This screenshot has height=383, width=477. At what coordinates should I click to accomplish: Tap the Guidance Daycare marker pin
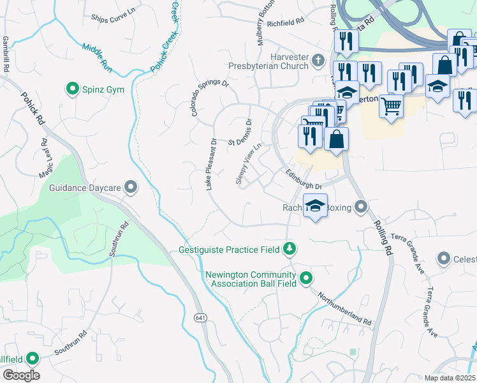tap(131, 187)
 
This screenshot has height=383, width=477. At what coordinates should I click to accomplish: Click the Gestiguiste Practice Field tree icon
tap(290, 248)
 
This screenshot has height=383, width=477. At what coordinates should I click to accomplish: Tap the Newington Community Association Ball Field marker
tap(306, 278)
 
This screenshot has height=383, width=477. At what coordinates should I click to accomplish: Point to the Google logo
tap(21, 375)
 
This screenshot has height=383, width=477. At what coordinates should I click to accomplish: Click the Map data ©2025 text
tap(450, 378)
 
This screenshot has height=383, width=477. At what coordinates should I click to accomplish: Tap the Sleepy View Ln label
tap(249, 165)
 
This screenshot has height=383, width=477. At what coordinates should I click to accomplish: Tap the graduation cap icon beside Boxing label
tap(315, 206)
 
